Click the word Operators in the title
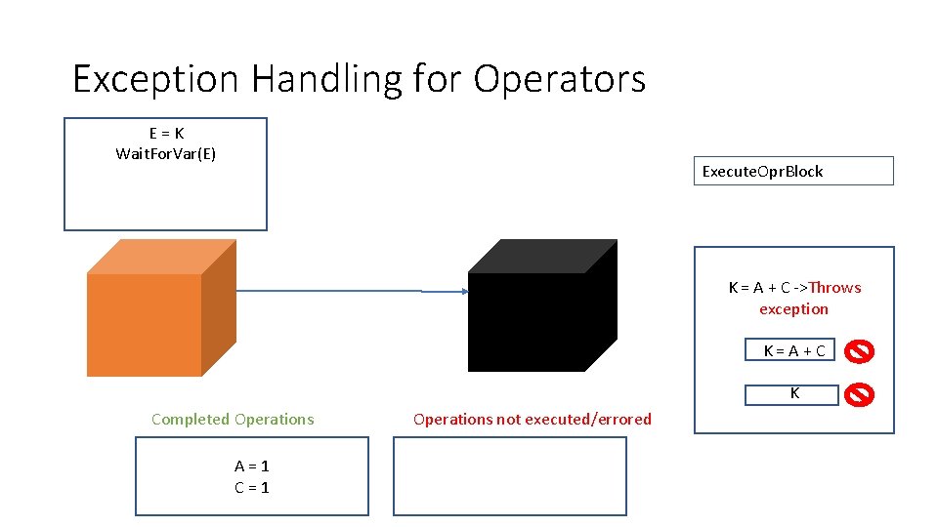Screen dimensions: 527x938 560,79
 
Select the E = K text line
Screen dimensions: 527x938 165,134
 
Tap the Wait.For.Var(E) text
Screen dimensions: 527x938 165,154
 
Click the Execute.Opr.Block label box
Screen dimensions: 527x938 793,172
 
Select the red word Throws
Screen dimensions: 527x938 834,288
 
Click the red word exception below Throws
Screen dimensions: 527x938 793,309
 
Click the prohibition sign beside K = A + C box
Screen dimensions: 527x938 859,350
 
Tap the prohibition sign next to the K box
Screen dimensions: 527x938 859,394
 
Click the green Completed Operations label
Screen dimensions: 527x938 233,420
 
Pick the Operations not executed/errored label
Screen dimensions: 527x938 532,420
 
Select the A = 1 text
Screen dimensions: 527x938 251,466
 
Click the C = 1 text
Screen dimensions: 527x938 251,487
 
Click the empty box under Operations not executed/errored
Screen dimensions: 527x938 509,476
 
